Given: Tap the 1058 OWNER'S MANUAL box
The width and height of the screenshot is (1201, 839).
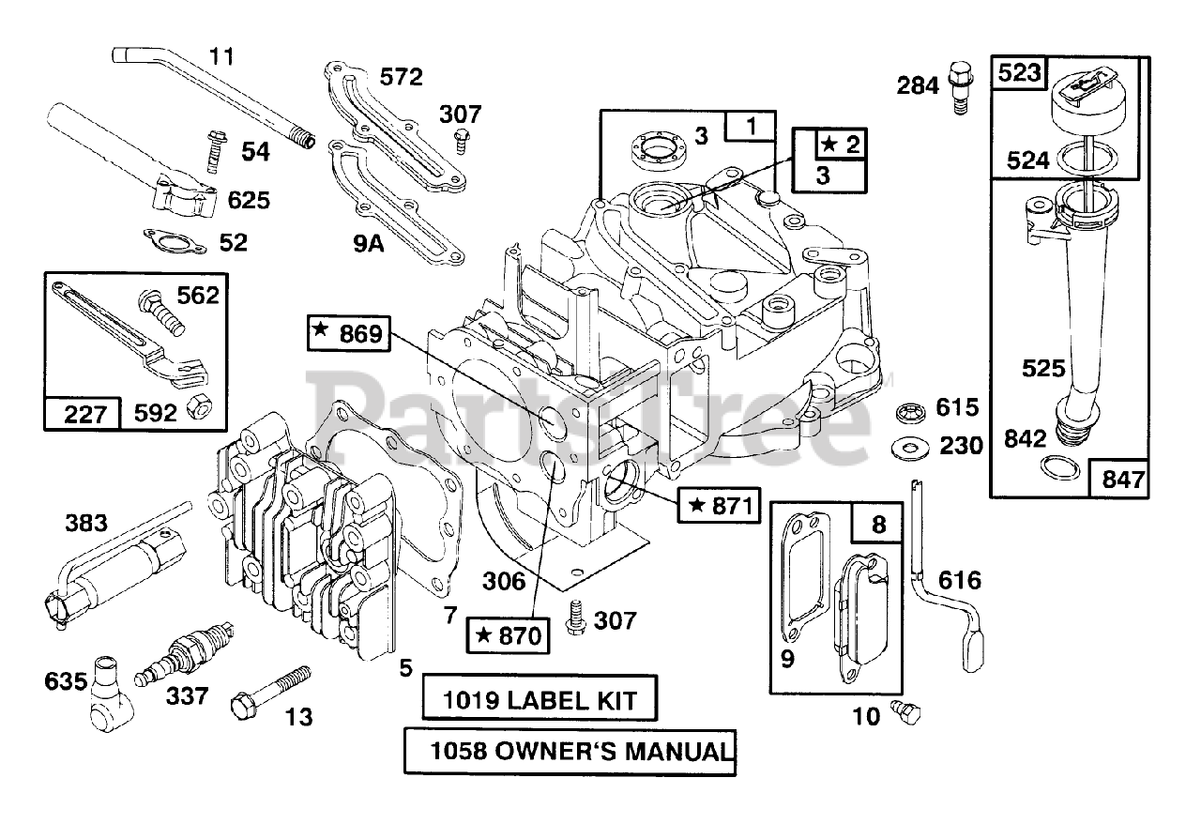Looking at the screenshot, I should (x=570, y=751).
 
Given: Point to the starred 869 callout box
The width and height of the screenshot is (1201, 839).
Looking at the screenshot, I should (x=349, y=332).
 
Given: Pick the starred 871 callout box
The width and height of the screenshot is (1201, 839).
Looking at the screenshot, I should (x=719, y=507).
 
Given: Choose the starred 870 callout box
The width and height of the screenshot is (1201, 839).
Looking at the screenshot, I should (x=508, y=635).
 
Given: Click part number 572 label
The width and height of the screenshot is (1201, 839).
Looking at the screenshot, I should (x=401, y=77).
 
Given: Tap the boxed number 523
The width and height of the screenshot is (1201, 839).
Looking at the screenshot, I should (x=1020, y=73).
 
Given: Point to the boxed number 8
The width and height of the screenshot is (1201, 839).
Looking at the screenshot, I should (x=877, y=524).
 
